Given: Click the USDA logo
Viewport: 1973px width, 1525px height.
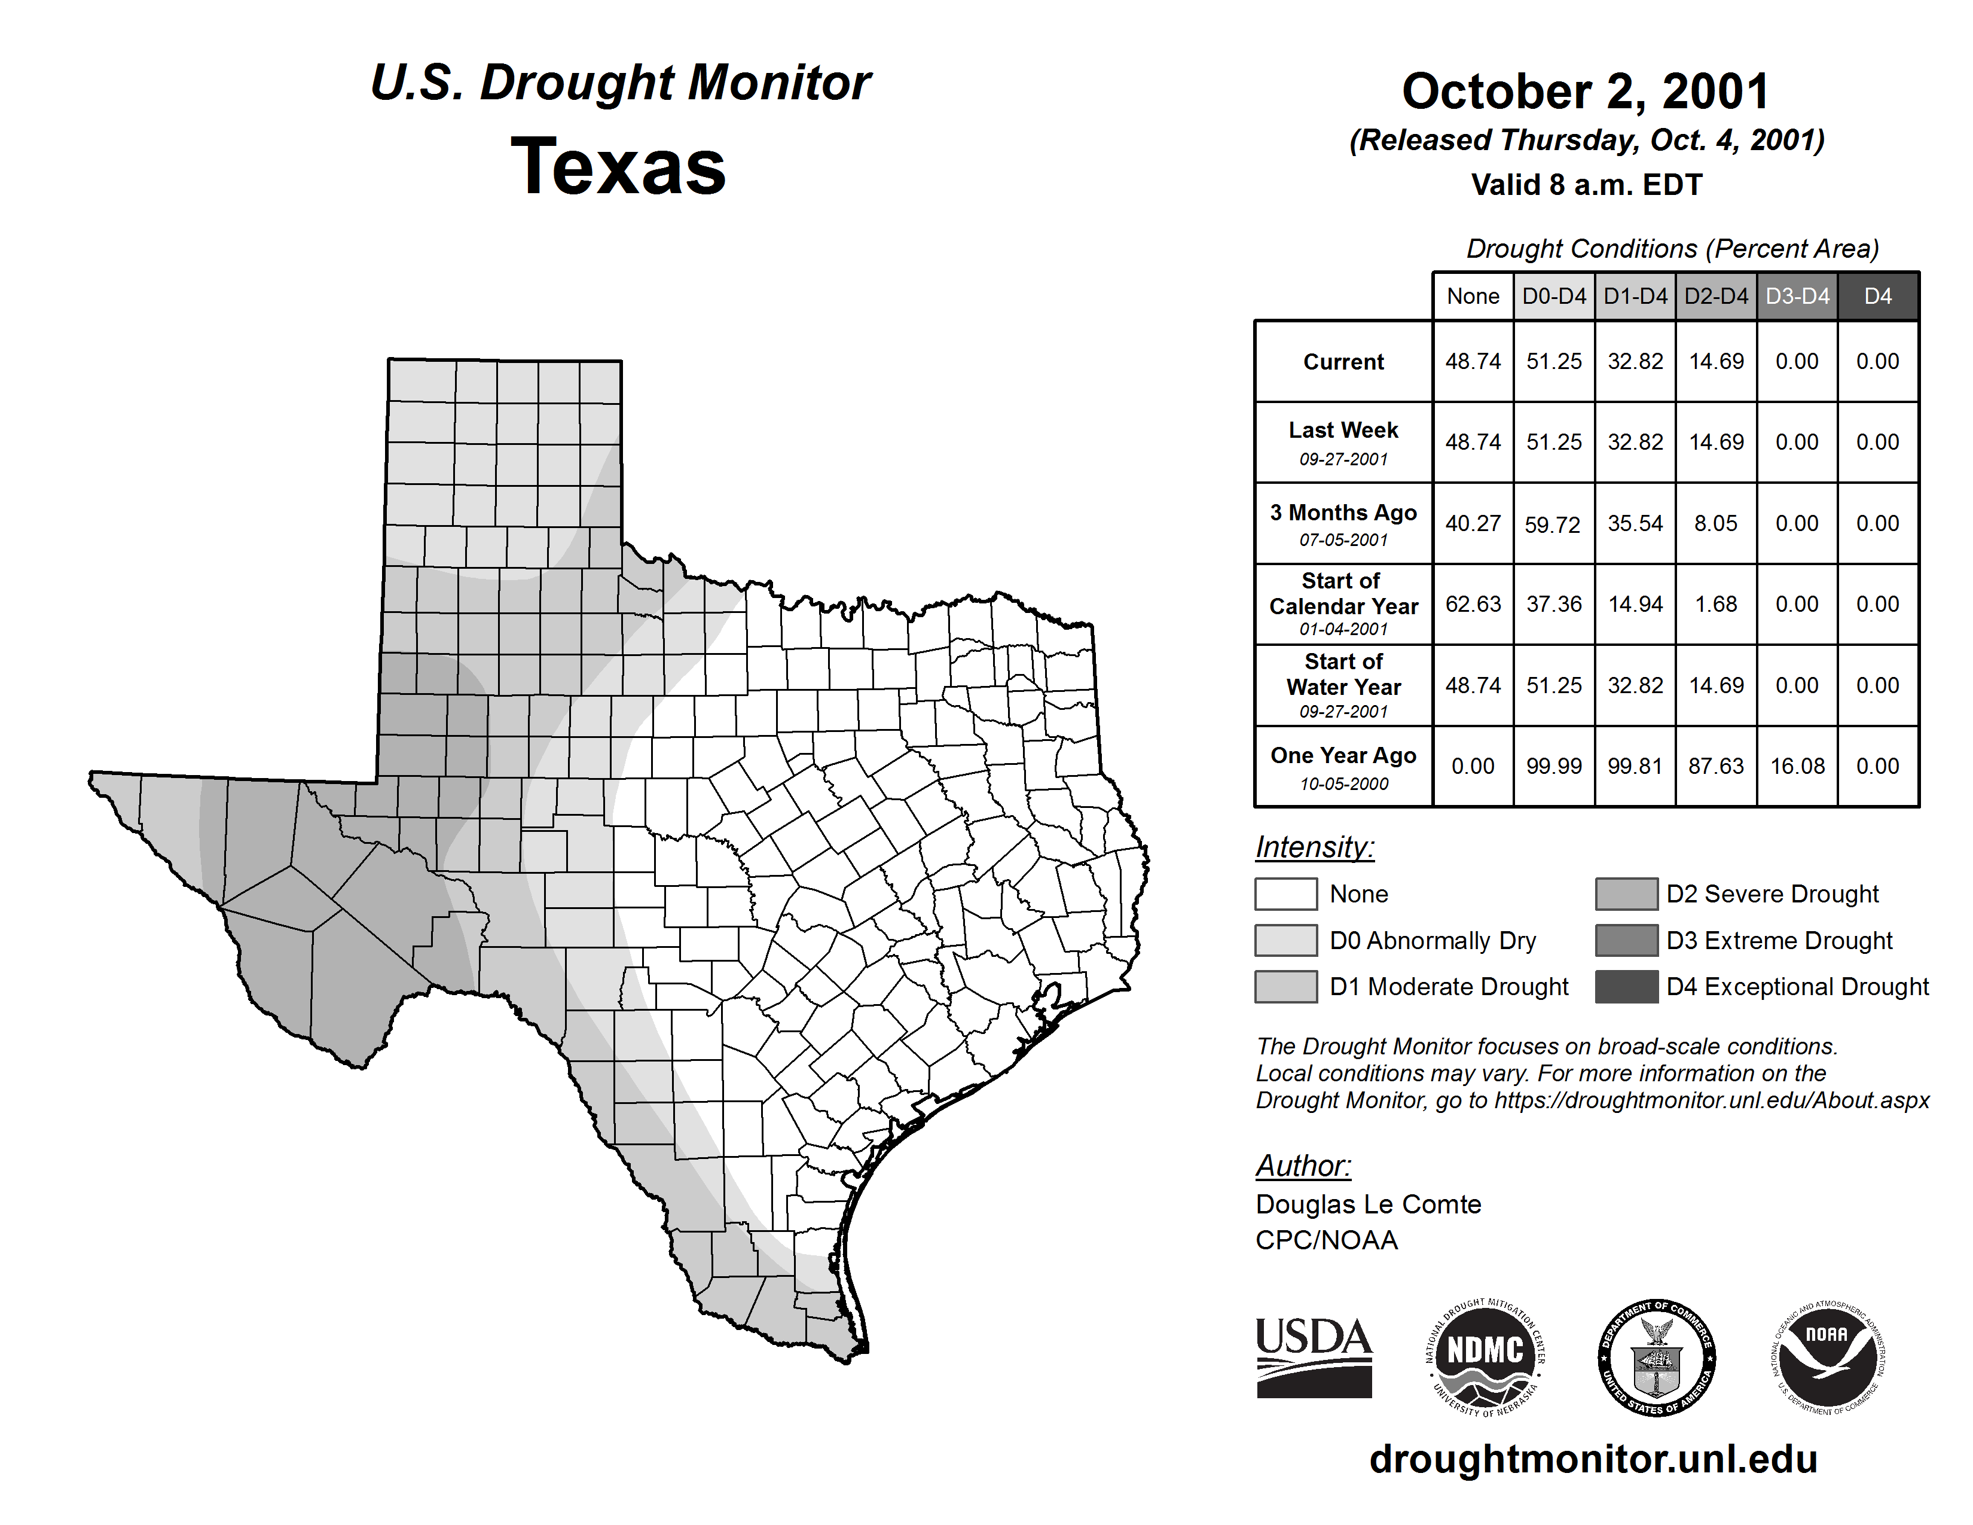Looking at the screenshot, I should click(x=1314, y=1357).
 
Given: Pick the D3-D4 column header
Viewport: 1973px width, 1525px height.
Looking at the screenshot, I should click(x=1797, y=296).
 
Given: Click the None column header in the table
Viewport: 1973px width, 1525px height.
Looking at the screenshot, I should click(x=1473, y=296).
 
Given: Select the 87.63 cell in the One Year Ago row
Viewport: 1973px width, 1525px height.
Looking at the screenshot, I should click(x=1715, y=766).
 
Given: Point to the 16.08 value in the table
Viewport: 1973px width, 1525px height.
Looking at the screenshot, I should click(x=1797, y=766).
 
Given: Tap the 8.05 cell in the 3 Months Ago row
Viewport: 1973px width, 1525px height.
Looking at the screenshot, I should click(x=1715, y=523).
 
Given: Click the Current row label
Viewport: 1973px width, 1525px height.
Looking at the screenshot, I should click(x=1343, y=361).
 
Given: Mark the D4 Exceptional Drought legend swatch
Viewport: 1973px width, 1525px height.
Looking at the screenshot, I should click(x=1626, y=987).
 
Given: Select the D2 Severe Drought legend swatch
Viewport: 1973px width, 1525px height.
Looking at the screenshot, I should click(x=1626, y=893).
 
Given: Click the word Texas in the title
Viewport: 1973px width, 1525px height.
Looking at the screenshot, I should click(x=618, y=167).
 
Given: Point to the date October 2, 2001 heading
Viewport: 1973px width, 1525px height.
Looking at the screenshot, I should click(x=1586, y=91).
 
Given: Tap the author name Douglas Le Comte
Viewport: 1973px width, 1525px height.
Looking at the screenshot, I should click(x=1368, y=1204).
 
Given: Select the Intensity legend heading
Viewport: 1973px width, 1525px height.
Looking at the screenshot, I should click(x=1314, y=847).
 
